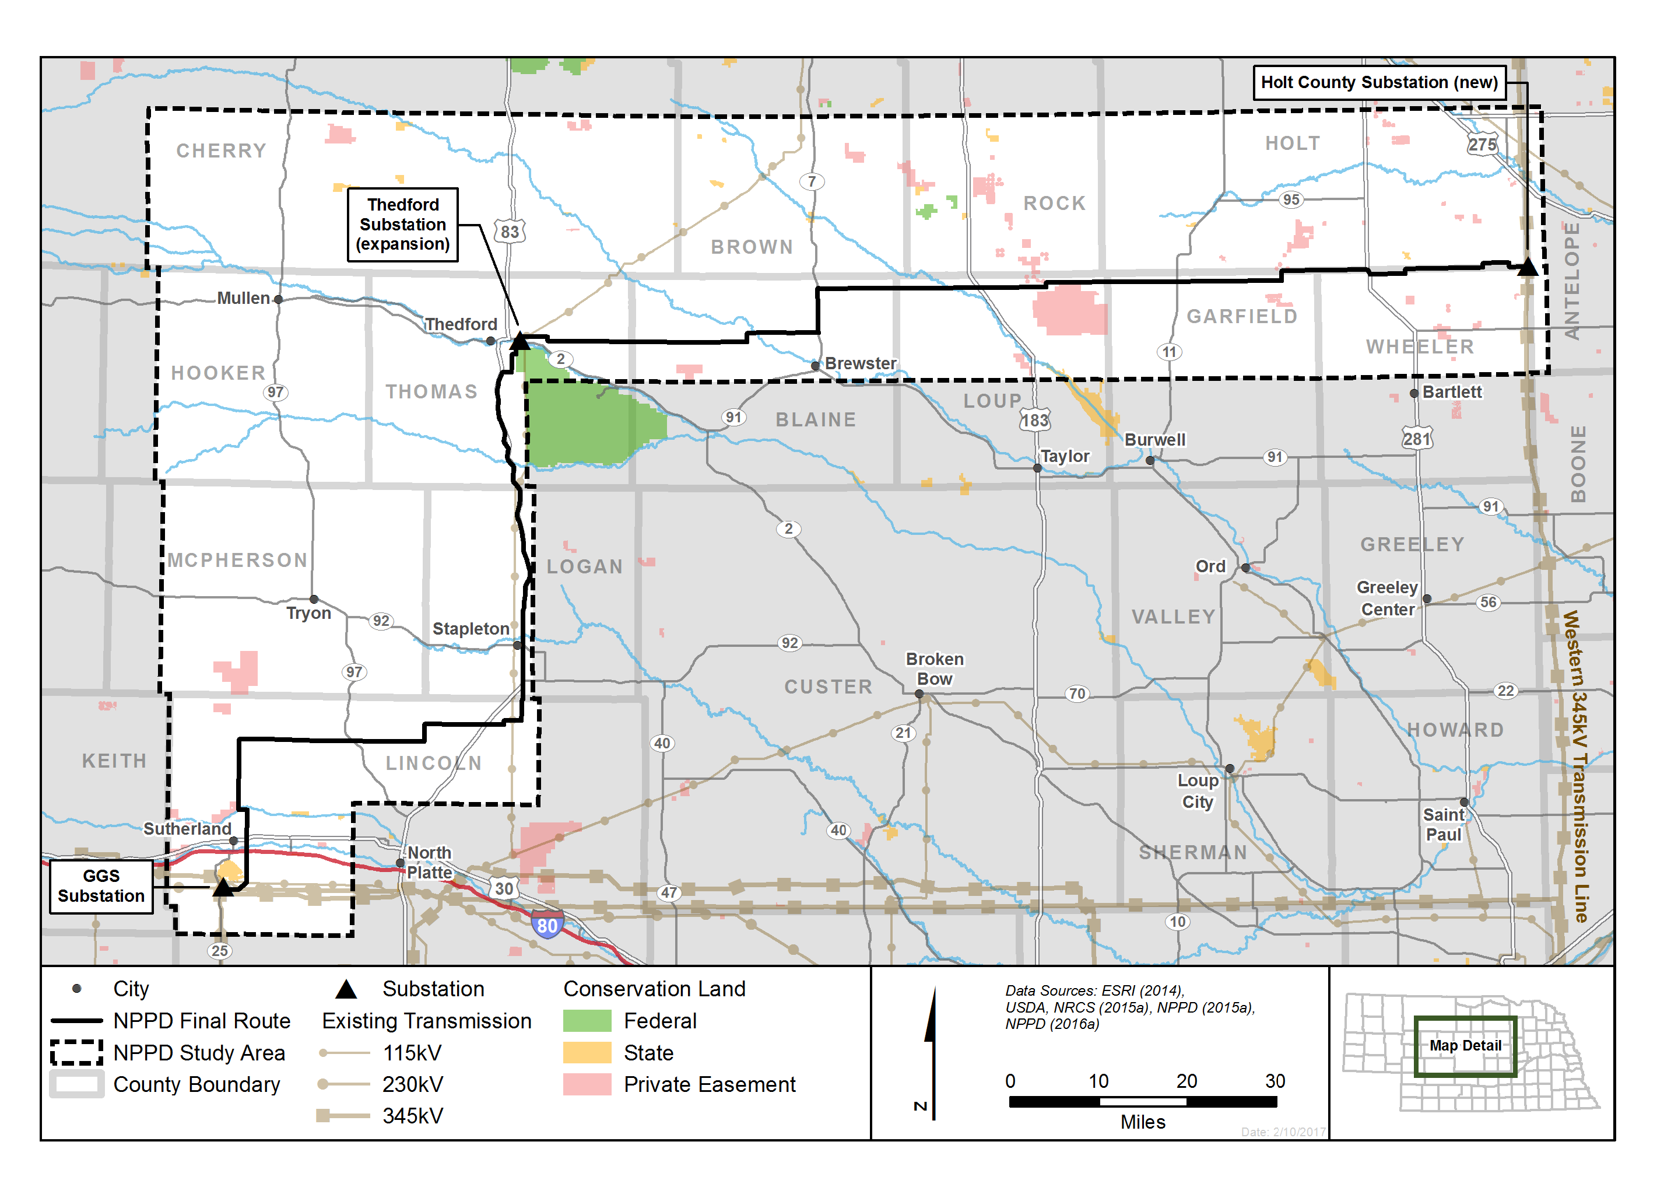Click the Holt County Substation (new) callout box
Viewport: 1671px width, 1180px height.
click(x=1378, y=82)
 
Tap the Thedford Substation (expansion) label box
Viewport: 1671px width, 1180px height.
click(x=402, y=224)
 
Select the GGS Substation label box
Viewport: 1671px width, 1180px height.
click(x=101, y=886)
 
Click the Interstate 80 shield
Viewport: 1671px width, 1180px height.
click(x=546, y=925)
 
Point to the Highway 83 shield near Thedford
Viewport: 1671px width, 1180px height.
click(x=510, y=232)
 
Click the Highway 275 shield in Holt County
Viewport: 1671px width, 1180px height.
click(x=1482, y=144)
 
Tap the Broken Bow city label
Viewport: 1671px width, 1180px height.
click(x=935, y=668)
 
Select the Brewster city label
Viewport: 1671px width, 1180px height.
click(x=860, y=363)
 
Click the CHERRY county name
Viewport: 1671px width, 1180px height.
click(x=221, y=150)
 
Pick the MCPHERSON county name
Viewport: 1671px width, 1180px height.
click(x=237, y=560)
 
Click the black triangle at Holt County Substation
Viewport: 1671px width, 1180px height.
click(x=1528, y=267)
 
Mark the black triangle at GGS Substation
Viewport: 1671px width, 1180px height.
click(x=223, y=887)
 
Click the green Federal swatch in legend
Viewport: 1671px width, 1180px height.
click(x=587, y=1021)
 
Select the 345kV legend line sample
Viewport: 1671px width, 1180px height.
click(x=343, y=1115)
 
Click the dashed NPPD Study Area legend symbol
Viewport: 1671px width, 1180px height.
click(x=76, y=1053)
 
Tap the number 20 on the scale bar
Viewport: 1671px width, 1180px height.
click(x=1186, y=1081)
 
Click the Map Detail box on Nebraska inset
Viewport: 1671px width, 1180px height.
click(x=1465, y=1046)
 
